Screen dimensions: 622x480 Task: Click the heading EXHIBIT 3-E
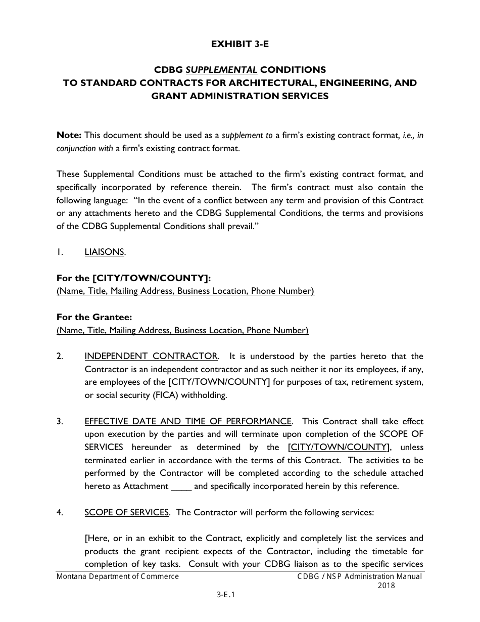tap(240, 44)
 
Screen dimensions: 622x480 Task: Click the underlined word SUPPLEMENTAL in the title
tap(224, 69)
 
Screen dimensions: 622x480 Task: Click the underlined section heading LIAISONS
tap(105, 252)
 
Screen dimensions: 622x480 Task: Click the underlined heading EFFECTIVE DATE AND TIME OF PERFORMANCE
tap(188, 421)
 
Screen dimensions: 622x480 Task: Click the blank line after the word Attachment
tap(181, 486)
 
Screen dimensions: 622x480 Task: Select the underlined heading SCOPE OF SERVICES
tap(127, 512)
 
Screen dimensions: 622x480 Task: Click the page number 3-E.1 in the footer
tap(226, 595)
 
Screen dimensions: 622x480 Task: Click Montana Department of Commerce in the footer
tap(118, 576)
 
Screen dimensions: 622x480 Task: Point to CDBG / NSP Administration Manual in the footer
tap(359, 576)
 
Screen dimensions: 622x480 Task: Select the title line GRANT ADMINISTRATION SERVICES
tap(240, 96)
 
